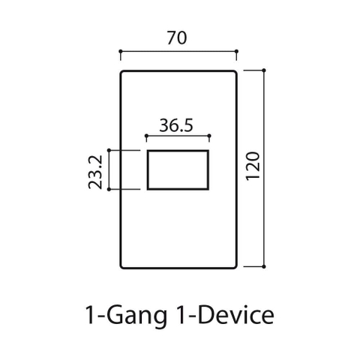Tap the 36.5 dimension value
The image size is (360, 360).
click(x=177, y=125)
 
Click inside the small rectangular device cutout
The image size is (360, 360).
click(x=178, y=170)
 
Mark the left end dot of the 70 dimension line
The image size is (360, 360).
click(x=121, y=52)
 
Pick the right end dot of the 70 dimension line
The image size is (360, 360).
click(x=236, y=52)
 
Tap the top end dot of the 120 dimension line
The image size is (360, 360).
click(x=265, y=70)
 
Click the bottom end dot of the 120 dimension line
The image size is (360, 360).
click(x=265, y=265)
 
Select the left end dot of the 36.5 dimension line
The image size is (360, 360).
click(x=146, y=136)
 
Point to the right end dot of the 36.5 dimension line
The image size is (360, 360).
click(x=209, y=136)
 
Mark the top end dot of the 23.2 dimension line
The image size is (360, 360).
click(x=109, y=151)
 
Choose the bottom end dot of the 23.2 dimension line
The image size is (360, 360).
click(x=109, y=190)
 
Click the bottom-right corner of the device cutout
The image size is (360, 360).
click(x=208, y=189)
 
